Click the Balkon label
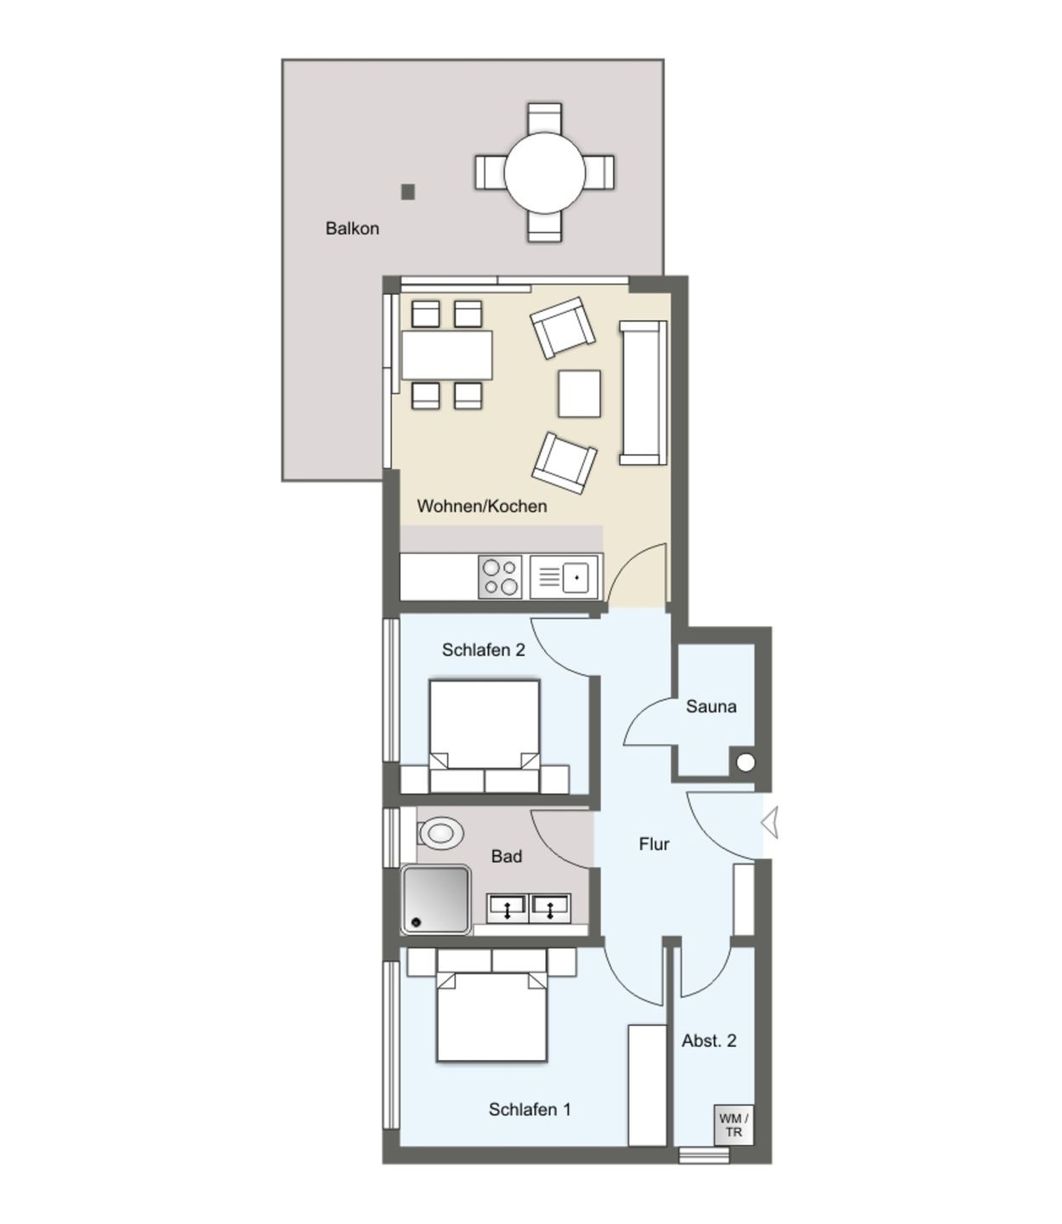tap(352, 228)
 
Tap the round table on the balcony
tap(544, 173)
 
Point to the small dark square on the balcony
tap(408, 191)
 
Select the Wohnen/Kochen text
tap(481, 506)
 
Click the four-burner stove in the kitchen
tap(500, 576)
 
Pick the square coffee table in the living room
tap(579, 393)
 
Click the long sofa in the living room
tap(643, 393)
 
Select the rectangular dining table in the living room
tap(447, 354)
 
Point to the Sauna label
tap(711, 706)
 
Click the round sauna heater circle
tap(746, 762)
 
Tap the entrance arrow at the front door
tap(770, 823)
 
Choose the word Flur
tap(654, 844)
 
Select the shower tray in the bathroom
tap(435, 900)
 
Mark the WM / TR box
tap(734, 1125)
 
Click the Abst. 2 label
tap(709, 1040)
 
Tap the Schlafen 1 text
tap(530, 1109)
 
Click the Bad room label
tap(506, 856)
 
